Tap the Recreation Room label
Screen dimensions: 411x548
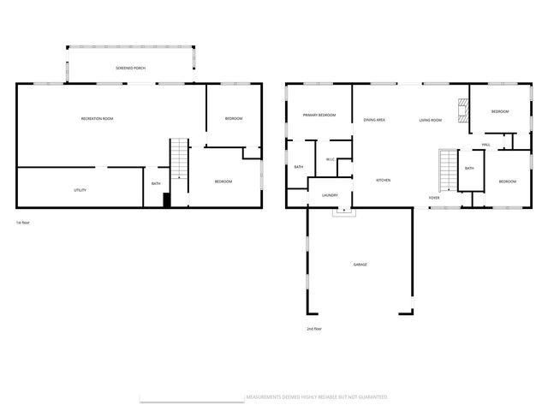click(97, 118)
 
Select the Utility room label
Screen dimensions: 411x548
click(80, 190)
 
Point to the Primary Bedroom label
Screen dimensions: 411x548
click(319, 116)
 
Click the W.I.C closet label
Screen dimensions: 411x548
click(331, 160)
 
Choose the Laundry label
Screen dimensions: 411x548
click(330, 195)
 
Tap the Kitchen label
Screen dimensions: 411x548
click(384, 180)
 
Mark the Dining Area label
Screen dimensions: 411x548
click(374, 120)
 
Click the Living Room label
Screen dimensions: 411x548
click(431, 120)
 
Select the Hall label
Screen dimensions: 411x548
click(485, 145)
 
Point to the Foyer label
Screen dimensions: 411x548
click(434, 198)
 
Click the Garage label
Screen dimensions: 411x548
click(360, 265)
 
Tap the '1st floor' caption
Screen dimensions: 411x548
click(23, 223)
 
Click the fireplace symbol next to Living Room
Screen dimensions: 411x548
click(463, 110)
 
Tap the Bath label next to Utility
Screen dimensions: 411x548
click(156, 183)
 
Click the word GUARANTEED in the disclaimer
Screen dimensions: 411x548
click(371, 397)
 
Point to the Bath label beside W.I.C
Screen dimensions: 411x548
click(299, 167)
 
